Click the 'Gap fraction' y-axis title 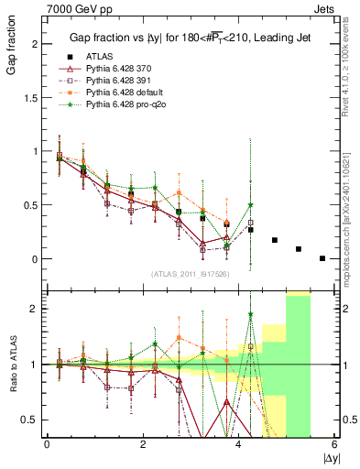click(x=12, y=49)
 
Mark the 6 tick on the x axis click(x=334, y=444)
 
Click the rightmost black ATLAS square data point click(x=322, y=258)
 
